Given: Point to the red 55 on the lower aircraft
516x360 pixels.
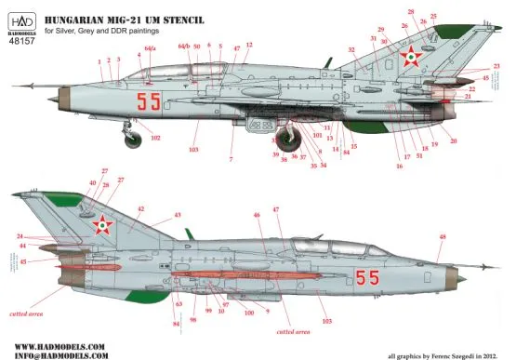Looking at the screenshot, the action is click(x=366, y=276).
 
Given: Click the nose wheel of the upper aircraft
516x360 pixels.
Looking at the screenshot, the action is click(x=134, y=140).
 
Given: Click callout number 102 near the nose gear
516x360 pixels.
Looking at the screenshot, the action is click(x=155, y=138).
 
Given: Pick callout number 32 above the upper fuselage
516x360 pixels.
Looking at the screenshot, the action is click(x=351, y=48).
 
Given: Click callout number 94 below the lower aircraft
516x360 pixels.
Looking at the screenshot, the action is click(x=176, y=324).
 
